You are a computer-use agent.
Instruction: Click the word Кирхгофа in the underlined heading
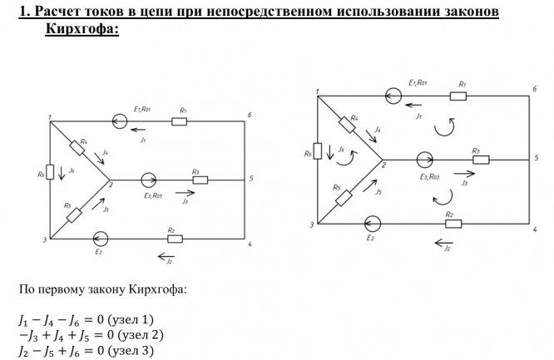(82, 28)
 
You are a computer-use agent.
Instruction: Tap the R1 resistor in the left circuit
(179, 121)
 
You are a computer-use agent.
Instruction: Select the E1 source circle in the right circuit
(393, 96)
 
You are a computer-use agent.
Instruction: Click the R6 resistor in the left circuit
(50, 172)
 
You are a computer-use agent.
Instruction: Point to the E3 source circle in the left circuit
(149, 180)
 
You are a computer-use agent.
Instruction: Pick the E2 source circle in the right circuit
(373, 224)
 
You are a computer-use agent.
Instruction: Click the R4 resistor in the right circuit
(347, 125)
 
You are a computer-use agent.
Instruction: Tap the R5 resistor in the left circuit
(74, 215)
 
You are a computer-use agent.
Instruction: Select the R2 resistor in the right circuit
(453, 224)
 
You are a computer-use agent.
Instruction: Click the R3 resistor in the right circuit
(481, 160)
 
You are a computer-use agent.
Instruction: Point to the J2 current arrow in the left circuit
(166, 256)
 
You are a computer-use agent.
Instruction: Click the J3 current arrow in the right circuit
(464, 174)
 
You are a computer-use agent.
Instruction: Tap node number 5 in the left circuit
(251, 179)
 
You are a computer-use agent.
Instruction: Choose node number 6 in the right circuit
(535, 89)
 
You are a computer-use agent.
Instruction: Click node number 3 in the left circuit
(45, 240)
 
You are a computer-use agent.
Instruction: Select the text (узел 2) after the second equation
(141, 335)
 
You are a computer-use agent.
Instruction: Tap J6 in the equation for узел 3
(74, 351)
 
